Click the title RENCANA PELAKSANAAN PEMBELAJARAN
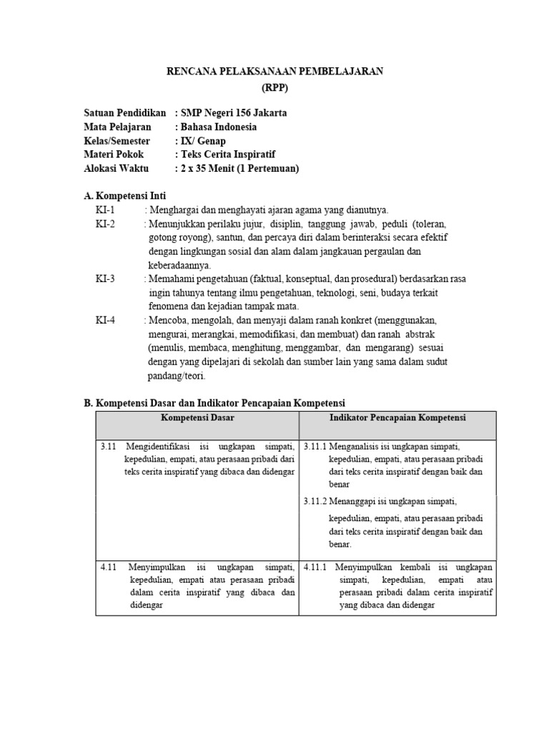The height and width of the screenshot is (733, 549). tap(274, 71)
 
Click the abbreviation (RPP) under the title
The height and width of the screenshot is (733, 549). tap(274, 87)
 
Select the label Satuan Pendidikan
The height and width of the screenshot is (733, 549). tap(125, 113)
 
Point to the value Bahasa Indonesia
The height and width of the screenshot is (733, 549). tap(219, 127)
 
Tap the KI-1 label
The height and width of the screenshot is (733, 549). tap(105, 210)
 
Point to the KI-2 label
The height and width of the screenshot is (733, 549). tap(105, 223)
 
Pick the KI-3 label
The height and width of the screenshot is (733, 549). tap(105, 279)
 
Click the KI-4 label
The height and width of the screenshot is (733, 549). tap(105, 321)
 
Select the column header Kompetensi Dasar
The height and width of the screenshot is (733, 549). tap(197, 417)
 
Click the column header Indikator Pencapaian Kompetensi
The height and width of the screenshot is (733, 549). tap(397, 417)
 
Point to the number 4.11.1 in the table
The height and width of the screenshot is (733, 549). tap(315, 567)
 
